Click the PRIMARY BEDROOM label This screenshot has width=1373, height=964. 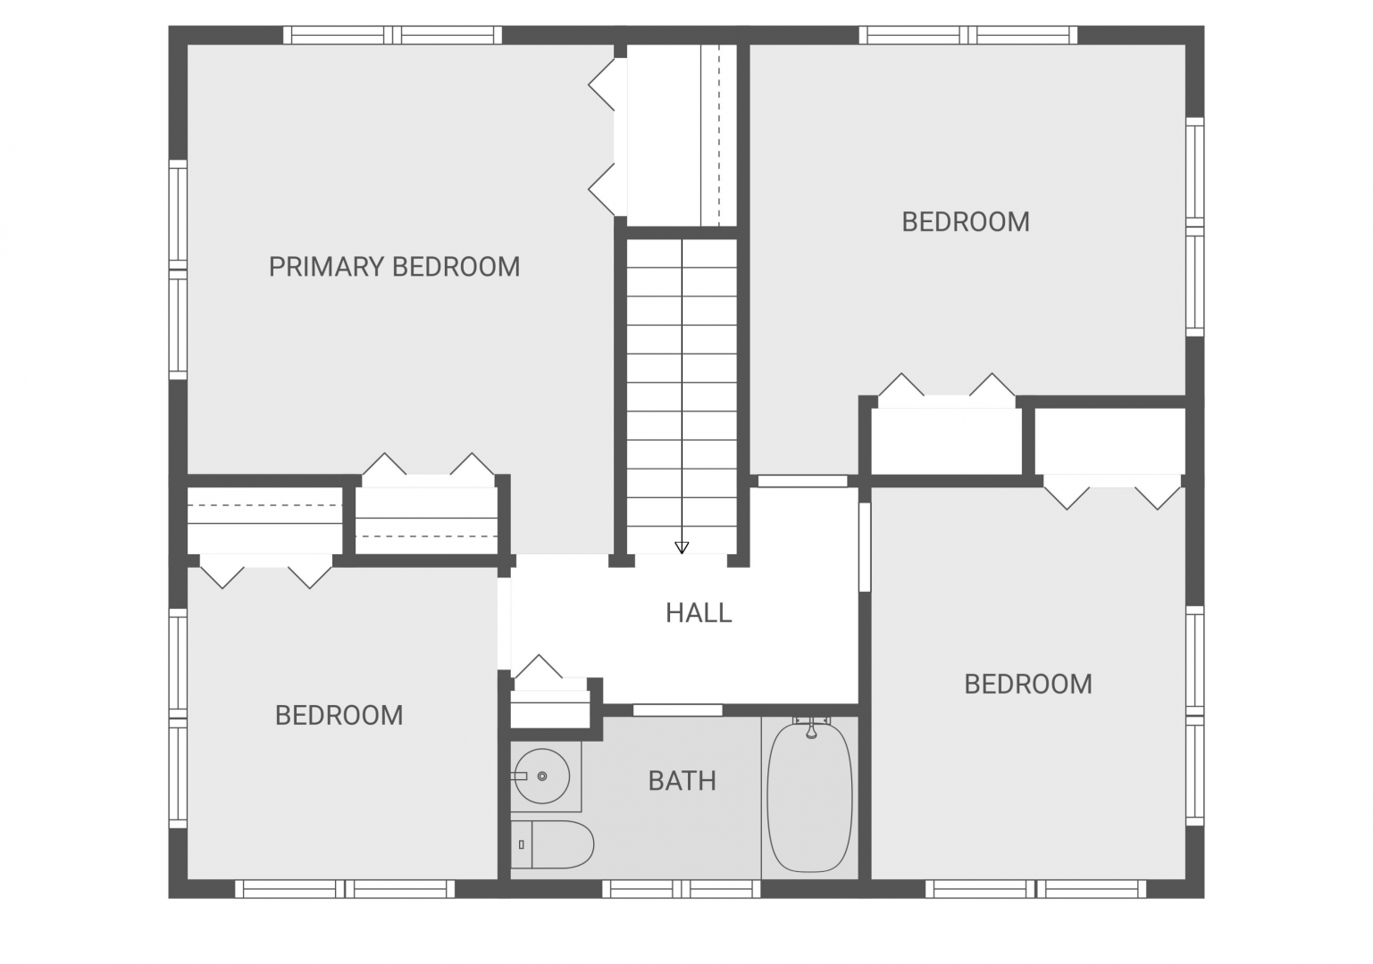click(394, 267)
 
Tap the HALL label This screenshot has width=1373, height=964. click(699, 613)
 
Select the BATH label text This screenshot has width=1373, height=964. click(682, 781)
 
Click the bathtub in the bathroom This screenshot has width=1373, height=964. click(809, 797)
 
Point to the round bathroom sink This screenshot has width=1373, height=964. click(542, 776)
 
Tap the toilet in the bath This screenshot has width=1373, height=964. click(552, 844)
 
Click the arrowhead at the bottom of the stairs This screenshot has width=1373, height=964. click(682, 547)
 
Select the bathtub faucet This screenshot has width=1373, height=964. click(811, 729)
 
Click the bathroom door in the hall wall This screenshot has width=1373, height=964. click(677, 711)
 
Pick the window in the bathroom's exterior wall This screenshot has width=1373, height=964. click(682, 889)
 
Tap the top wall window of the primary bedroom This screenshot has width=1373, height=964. click(392, 35)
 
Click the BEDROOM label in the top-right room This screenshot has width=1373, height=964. click(966, 221)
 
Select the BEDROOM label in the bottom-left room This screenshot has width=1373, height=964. click(339, 715)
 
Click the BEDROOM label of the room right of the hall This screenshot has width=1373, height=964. click(1028, 684)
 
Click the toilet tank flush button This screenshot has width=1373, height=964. click(521, 844)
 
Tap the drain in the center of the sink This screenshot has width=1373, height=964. click(542, 776)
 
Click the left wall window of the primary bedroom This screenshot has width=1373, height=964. click(178, 270)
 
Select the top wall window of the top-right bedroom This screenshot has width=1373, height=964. click(967, 35)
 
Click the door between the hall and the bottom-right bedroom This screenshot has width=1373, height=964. click(864, 547)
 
